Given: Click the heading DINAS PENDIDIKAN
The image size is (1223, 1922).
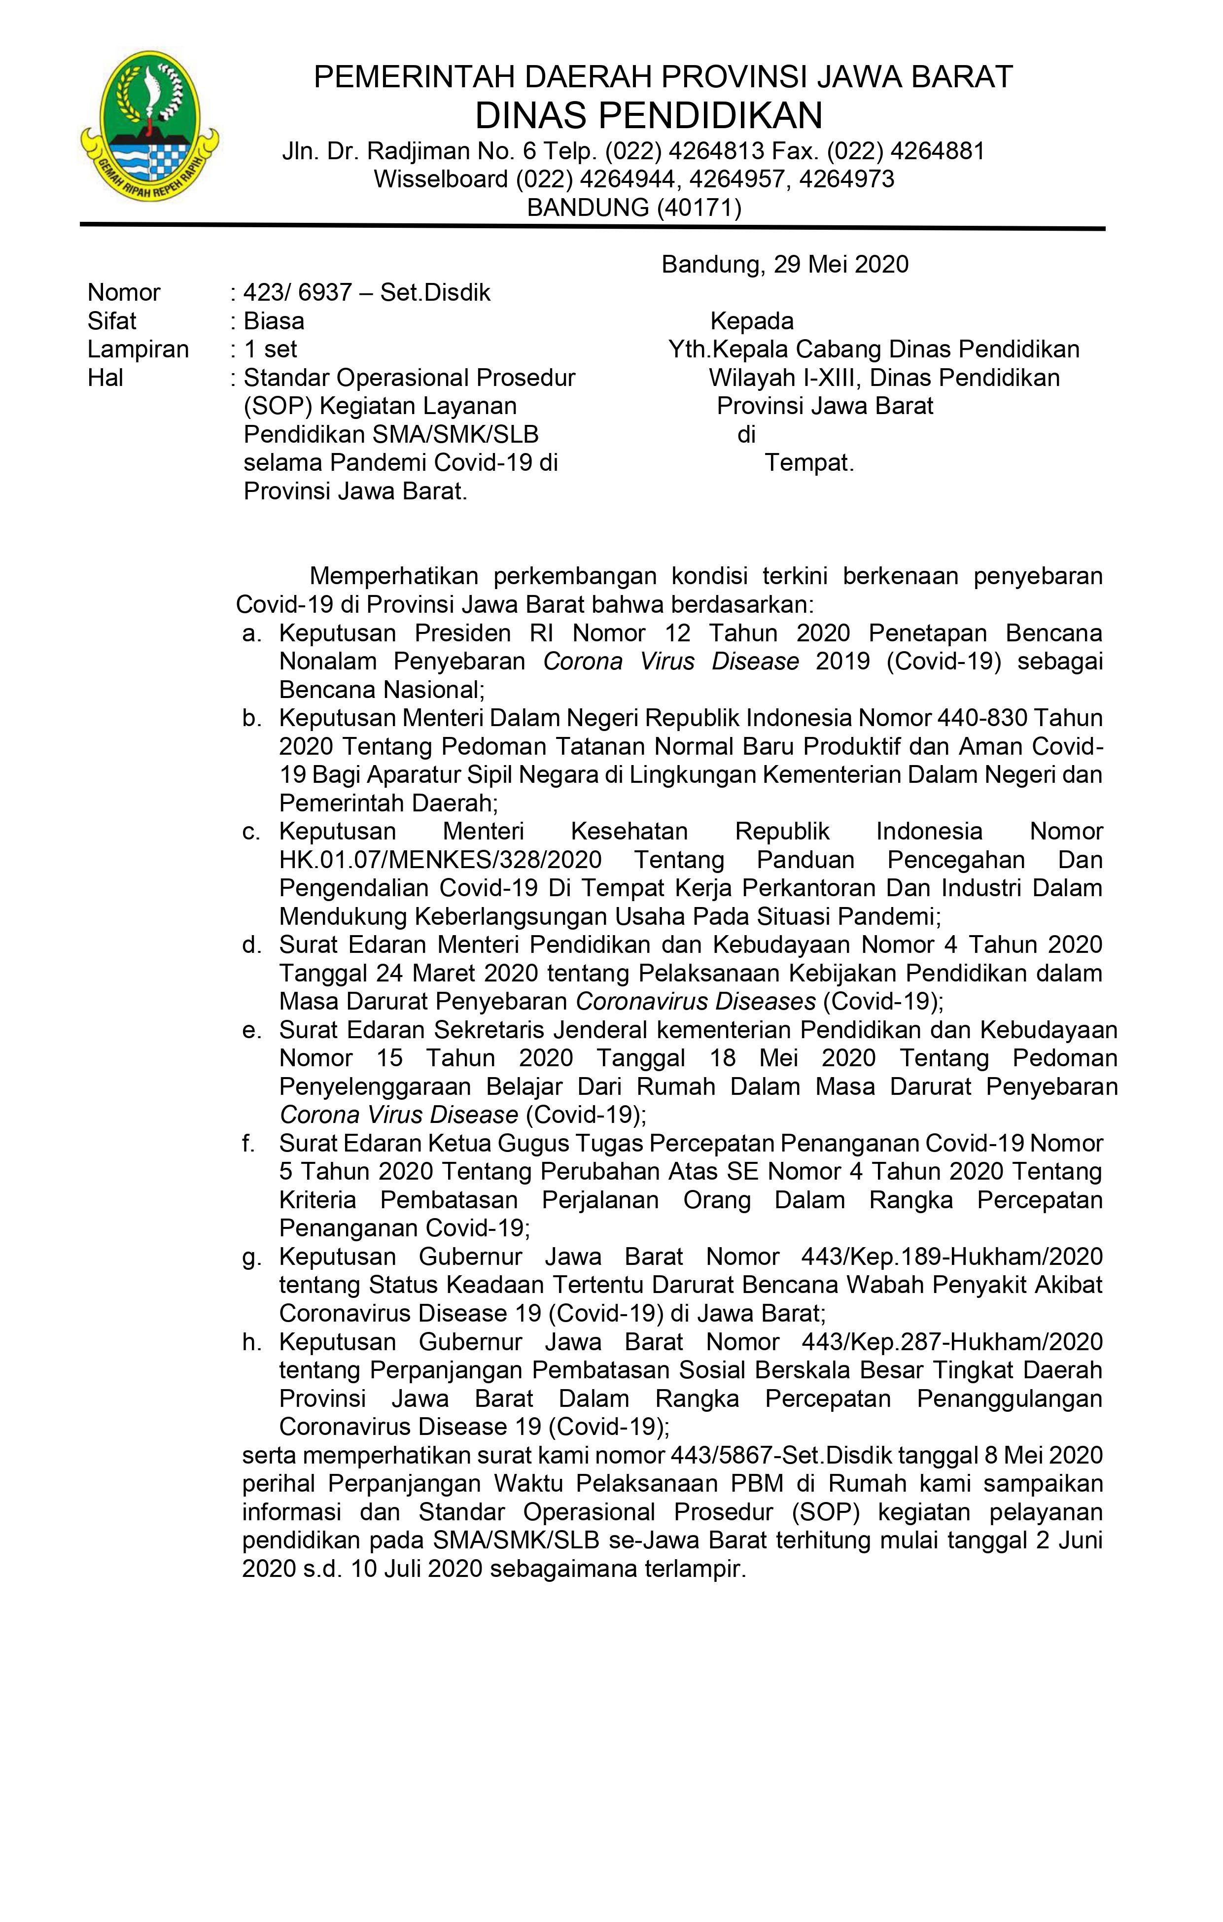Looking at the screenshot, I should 648,116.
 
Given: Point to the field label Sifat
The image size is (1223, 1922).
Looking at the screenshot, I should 112,321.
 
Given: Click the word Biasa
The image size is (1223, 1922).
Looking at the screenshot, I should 274,321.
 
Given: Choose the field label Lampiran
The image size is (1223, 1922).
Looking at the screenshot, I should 138,349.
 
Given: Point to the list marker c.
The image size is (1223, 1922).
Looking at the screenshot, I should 251,832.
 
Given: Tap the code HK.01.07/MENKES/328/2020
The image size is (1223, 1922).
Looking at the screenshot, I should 440,860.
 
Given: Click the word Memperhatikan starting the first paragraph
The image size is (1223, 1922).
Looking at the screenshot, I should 393,576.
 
